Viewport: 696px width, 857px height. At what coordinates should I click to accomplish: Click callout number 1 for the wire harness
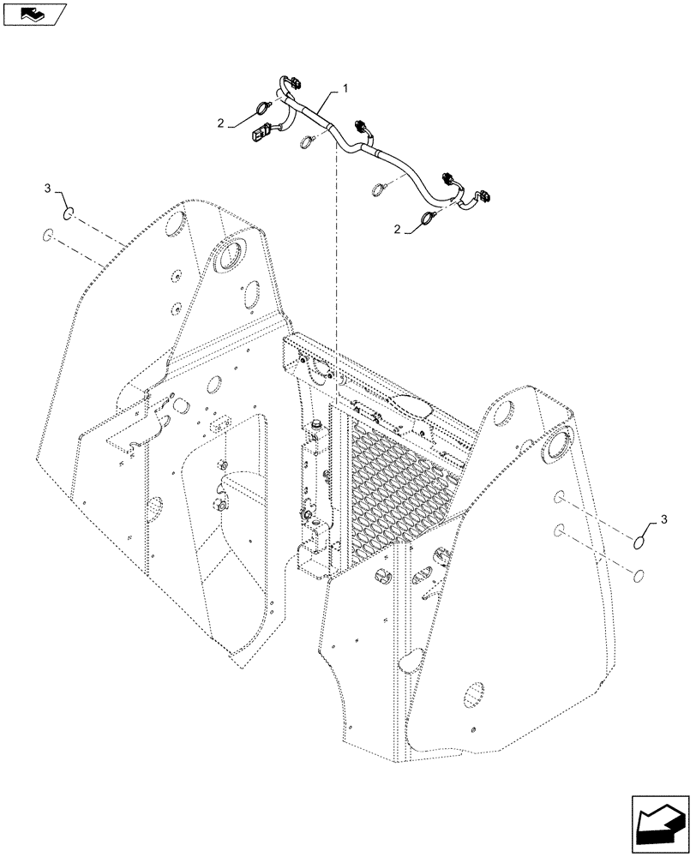[x=345, y=87]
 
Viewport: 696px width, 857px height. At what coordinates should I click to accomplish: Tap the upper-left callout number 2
[x=220, y=124]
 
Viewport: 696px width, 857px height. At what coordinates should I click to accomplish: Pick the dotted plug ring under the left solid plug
[x=50, y=236]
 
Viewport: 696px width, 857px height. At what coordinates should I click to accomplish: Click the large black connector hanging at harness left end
[x=260, y=135]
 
